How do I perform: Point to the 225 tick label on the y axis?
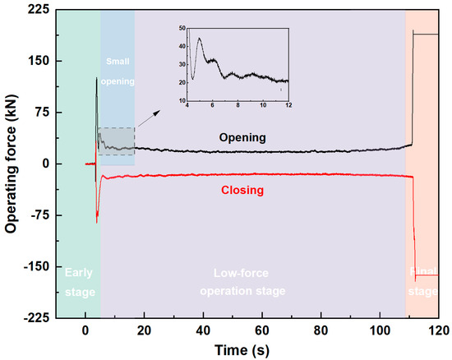(x=39, y=11)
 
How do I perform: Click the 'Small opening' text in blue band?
(x=118, y=71)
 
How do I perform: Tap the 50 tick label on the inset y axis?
(x=182, y=29)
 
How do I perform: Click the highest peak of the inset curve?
(x=199, y=38)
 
